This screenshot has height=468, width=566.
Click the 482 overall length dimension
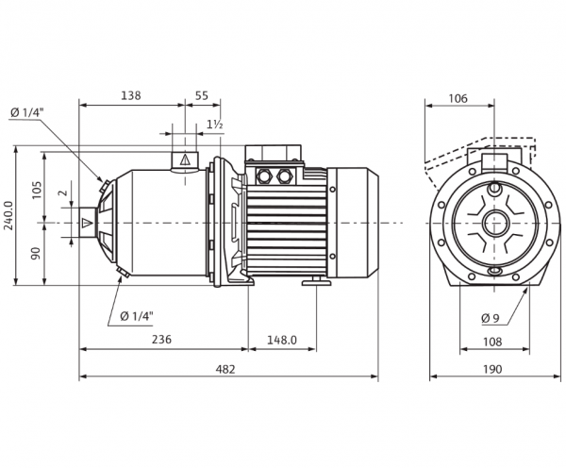pos(225,369)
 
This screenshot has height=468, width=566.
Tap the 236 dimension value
pos(161,340)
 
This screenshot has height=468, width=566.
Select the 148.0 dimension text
pos(282,340)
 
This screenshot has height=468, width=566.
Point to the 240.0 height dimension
pos(8,215)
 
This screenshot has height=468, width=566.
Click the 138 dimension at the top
pos(131,95)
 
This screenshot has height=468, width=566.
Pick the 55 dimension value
pos(202,95)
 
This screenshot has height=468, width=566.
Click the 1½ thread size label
pos(215,125)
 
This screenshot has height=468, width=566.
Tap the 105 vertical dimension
pos(37,190)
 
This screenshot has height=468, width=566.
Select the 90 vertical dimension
pos(36,254)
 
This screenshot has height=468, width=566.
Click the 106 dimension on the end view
pos(458,98)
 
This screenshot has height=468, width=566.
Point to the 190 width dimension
pos(492,369)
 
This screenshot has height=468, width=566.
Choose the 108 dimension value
pos(492,342)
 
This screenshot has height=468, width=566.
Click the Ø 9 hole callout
pos(490,318)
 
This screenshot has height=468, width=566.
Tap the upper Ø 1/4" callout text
pos(27,112)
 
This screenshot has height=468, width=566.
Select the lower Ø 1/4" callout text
pos(137,316)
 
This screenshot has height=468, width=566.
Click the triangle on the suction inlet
pos(87,223)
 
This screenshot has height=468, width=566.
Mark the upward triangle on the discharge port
pos(185,159)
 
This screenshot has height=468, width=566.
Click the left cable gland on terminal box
pos(263,176)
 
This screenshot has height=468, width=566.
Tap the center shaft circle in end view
pos(493,223)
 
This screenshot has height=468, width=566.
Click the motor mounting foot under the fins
pos(317,281)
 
